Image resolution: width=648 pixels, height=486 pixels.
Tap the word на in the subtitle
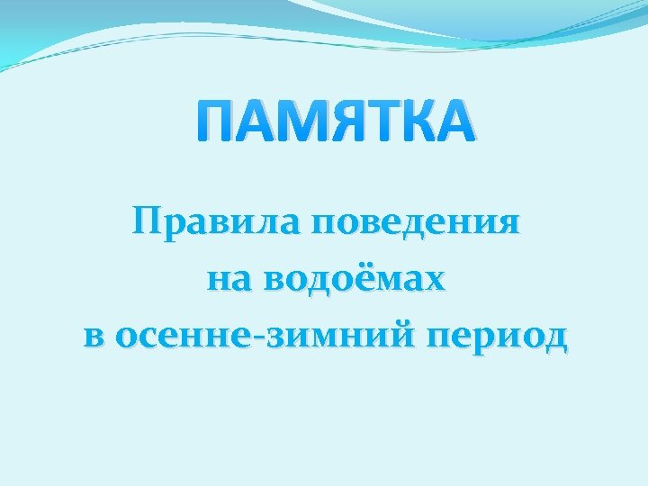[x=224, y=280]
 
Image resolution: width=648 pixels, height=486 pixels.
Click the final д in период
[x=553, y=338]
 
